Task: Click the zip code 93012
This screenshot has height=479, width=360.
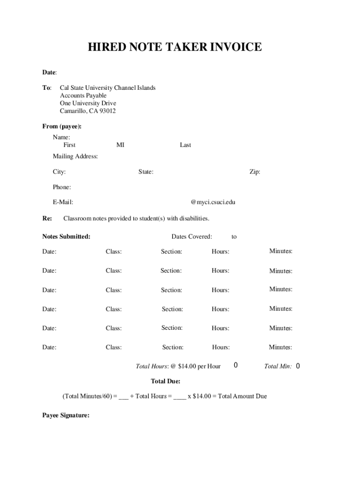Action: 106,111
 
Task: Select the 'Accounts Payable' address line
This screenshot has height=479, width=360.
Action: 83,95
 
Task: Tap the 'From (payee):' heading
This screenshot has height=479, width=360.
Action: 62,126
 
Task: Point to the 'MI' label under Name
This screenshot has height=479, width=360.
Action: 120,145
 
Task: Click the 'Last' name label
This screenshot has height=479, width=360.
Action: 185,145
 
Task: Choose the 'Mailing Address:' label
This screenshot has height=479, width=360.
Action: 75,156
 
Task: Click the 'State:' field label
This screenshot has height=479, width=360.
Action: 146,172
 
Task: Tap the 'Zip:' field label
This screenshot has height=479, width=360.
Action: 255,172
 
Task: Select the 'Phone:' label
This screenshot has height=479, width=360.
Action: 62,187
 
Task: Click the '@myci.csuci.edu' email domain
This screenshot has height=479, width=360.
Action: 213,202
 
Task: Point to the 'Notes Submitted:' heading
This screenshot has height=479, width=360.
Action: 66,237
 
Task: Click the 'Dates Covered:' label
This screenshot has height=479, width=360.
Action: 192,237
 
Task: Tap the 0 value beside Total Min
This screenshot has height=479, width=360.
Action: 297,366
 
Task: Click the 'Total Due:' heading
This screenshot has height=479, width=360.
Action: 166,381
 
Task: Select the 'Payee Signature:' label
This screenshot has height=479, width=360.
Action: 66,415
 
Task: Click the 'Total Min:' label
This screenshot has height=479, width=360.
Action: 278,366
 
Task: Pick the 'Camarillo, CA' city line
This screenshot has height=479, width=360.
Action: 77,111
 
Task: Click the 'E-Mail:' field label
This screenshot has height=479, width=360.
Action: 63,202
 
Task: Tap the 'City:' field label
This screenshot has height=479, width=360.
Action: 59,172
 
